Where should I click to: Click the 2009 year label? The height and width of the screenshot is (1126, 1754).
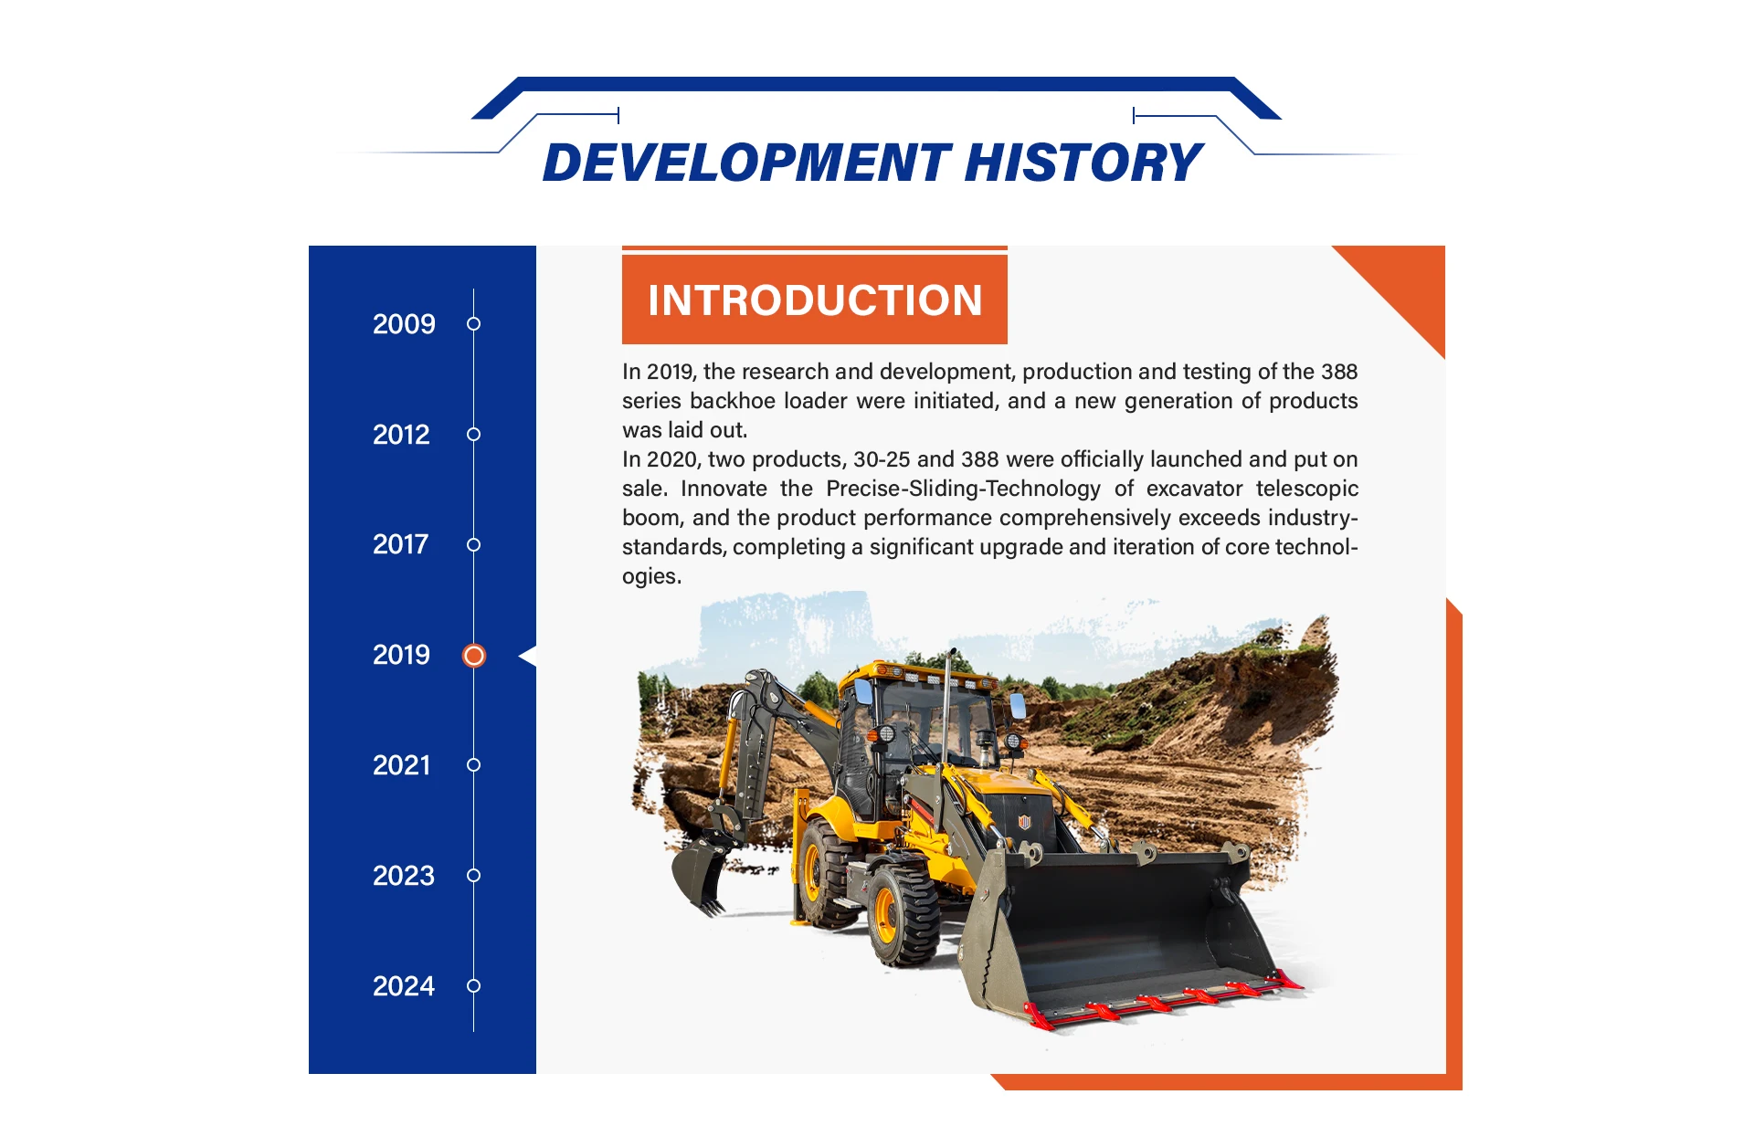[404, 324]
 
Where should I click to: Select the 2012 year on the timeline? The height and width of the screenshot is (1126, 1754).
[401, 435]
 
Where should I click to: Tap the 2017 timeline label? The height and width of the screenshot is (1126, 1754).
[400, 544]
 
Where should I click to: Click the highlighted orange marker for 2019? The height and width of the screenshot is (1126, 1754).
[474, 656]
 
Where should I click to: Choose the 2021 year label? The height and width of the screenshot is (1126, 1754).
[401, 765]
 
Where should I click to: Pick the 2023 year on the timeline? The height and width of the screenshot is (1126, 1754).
[404, 876]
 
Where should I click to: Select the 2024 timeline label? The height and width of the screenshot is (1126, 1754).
[404, 986]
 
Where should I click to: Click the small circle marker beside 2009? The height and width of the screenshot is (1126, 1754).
[473, 324]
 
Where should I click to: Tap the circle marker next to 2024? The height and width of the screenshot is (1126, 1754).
[473, 986]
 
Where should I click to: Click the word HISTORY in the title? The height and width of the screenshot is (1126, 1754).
[1083, 163]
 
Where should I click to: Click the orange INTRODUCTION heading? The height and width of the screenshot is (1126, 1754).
[815, 300]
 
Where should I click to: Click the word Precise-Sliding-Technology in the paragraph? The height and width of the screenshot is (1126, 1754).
[964, 489]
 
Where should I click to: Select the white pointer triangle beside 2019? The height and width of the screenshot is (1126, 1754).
[527, 656]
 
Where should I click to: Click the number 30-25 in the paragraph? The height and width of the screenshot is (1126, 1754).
[882, 459]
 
